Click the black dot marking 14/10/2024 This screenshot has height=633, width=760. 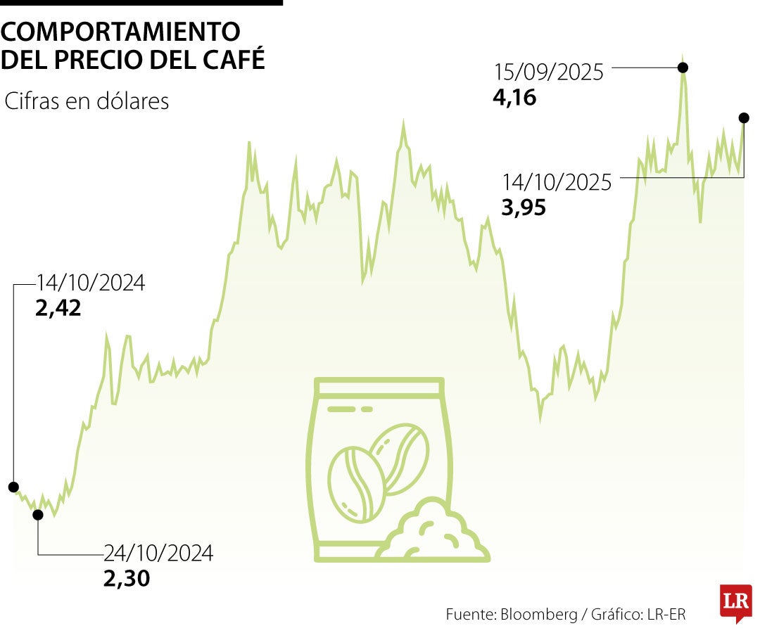13,487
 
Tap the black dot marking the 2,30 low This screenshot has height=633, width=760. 38,515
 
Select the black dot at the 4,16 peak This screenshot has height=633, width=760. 682,68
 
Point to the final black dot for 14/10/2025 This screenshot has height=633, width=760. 744,117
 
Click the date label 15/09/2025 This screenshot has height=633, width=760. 549,72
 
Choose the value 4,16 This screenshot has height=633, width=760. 514,97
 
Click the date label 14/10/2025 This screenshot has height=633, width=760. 557,183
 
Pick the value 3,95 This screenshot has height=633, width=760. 524,208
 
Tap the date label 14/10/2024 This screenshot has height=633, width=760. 91,283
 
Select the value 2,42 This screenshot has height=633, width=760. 58,308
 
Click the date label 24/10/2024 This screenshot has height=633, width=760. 158,554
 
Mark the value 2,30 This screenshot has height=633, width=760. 127,578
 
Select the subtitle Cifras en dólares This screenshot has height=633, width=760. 87,101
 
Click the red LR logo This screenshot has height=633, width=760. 735,602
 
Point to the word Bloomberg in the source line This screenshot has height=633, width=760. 538,614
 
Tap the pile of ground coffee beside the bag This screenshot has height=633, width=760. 434,533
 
